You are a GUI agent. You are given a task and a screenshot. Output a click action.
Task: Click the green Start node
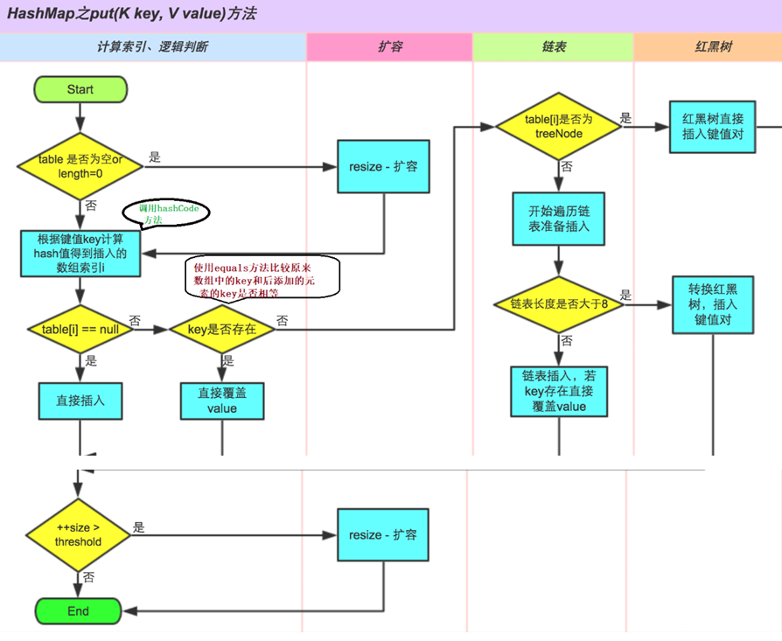coord(80,89)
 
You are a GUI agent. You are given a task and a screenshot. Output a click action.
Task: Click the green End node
coord(78,611)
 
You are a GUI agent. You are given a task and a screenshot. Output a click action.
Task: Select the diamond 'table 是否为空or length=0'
coord(80,166)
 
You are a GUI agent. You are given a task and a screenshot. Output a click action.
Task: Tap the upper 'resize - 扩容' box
coord(383,166)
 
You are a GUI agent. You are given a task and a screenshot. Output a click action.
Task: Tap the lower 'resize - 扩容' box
coord(383,534)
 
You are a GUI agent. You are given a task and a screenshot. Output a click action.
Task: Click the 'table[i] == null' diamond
coord(80,329)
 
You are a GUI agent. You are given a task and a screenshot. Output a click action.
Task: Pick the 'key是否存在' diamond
coord(221,329)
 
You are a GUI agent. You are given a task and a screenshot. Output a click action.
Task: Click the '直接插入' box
coord(80,401)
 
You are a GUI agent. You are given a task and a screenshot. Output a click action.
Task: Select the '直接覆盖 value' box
coord(221,401)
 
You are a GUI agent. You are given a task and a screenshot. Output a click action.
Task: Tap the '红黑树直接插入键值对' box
coord(711,127)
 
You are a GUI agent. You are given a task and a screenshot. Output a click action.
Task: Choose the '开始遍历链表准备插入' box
coord(559,219)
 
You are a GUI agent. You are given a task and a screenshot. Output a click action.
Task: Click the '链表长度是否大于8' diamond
coord(559,304)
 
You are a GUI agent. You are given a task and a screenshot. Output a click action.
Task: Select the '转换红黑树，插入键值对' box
coord(712,304)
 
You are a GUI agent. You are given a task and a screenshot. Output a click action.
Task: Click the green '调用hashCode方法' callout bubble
coord(166,214)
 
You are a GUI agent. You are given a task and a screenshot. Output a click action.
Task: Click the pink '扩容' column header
coord(389,47)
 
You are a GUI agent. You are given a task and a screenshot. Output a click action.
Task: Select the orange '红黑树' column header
coord(707,47)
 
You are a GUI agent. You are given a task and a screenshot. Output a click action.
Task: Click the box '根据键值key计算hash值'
coord(80,254)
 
